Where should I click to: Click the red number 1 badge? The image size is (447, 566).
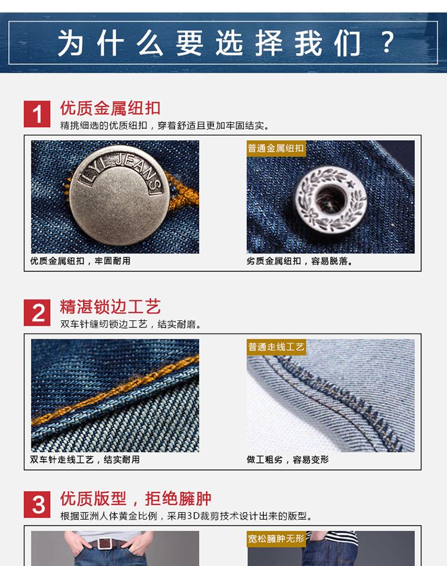point(37,114)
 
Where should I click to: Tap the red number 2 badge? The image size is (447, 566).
point(37,313)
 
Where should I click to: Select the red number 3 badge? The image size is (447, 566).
point(37,505)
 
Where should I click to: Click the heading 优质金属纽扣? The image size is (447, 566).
point(110,108)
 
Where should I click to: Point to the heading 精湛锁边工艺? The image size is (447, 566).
point(110,307)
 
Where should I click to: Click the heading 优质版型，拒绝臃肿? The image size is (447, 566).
point(136,499)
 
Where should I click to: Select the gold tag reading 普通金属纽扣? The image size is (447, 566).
point(276,149)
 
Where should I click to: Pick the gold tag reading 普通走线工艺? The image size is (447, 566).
point(276,347)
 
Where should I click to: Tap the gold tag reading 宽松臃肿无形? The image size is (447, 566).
point(276,539)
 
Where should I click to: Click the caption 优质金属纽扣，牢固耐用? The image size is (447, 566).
point(80,261)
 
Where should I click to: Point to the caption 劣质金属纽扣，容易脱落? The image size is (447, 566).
point(300,261)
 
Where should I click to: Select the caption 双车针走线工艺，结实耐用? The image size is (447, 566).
point(85,459)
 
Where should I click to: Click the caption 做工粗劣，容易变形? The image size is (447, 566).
point(287,459)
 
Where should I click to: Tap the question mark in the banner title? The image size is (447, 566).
point(387,42)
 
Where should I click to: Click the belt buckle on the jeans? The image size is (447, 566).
point(105,543)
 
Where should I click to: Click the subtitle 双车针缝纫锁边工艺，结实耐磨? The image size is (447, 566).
point(131,324)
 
